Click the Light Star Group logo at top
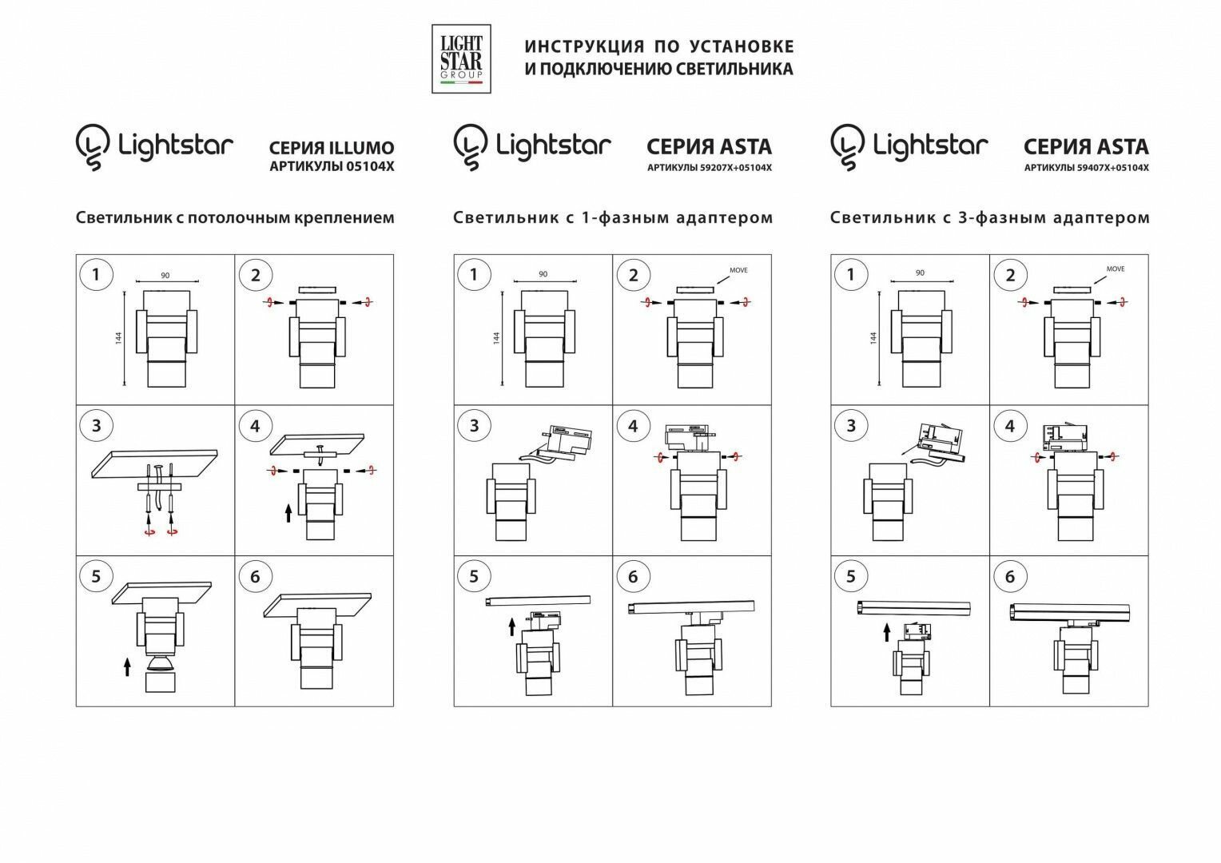coord(461,58)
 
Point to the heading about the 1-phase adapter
coord(612,217)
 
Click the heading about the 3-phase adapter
coord(989,217)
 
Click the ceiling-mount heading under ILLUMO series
coord(235,217)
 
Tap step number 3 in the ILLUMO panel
coord(96,426)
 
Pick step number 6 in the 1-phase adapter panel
coord(633,577)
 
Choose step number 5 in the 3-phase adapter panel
coord(850,577)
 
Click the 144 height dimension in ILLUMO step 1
coord(118,338)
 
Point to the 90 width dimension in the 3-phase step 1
coord(920,273)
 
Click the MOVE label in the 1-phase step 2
coord(738,271)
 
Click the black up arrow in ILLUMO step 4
coord(288,512)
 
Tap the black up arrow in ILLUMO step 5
coord(127,666)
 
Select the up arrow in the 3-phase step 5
coord(886,633)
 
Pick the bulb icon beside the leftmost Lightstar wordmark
coord(93,146)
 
